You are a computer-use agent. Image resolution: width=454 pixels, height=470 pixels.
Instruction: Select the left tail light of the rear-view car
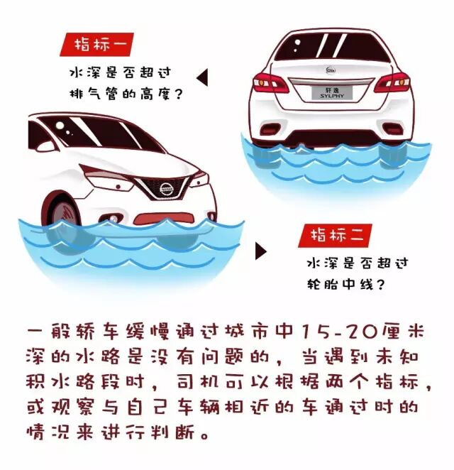(x=270, y=82)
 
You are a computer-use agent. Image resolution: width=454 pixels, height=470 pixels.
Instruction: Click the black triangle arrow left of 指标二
(x=260, y=250)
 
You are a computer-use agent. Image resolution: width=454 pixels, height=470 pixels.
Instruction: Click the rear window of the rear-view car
(x=331, y=47)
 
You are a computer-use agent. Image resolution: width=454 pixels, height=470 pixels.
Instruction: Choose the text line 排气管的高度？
(x=123, y=92)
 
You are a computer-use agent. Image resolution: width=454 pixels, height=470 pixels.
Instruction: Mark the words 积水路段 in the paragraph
(x=85, y=383)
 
